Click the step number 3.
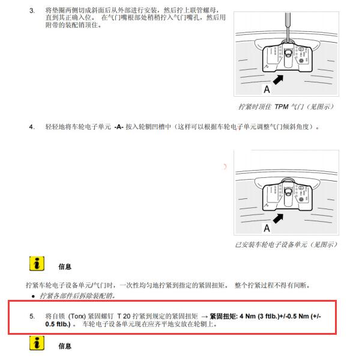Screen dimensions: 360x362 [32, 11]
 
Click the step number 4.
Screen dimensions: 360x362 [32, 127]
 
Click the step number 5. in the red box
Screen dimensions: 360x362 [32, 316]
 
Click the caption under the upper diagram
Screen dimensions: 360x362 [286, 107]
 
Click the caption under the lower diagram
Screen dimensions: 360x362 [286, 245]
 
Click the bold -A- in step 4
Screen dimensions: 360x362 [119, 127]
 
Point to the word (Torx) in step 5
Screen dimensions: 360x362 [80, 316]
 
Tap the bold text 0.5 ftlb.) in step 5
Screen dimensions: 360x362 [57, 324]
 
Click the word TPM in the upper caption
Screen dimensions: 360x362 [283, 107]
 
